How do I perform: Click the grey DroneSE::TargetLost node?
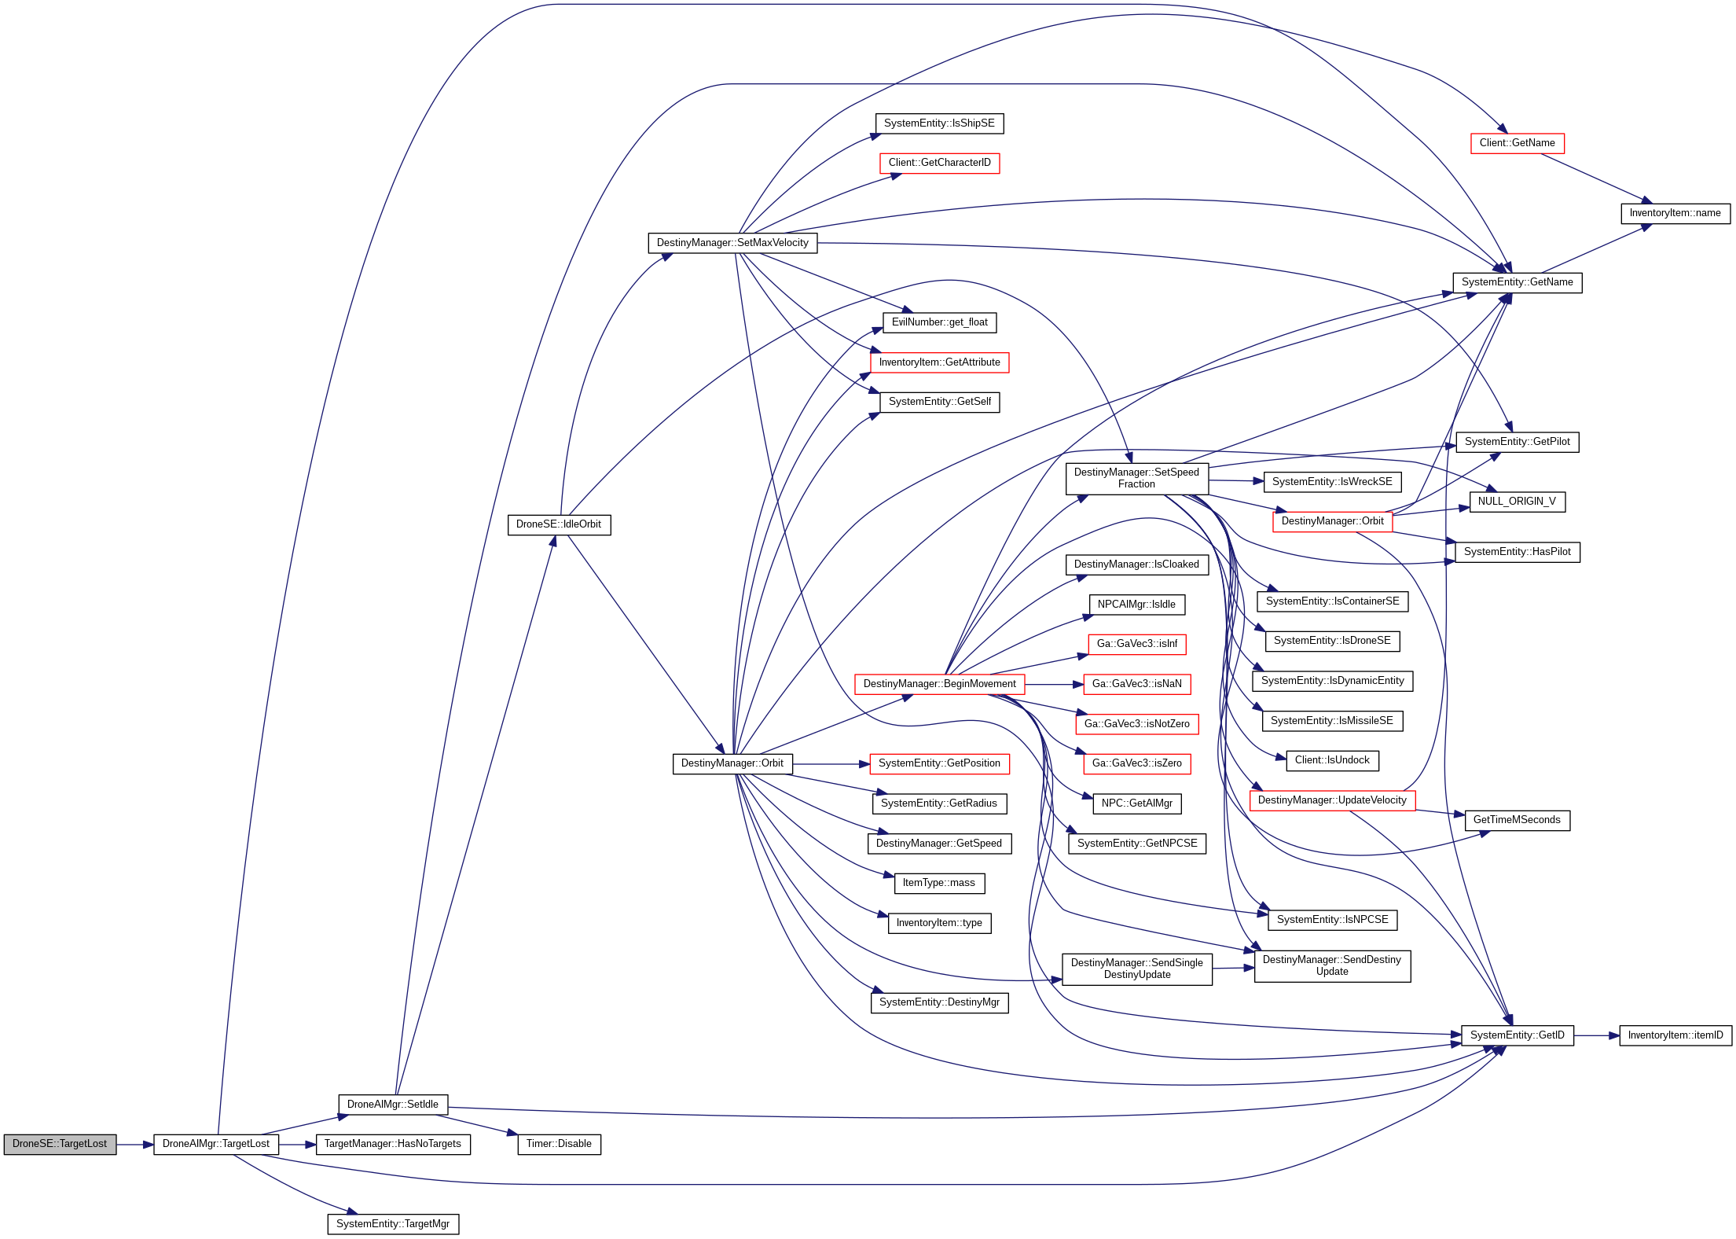[x=60, y=1144]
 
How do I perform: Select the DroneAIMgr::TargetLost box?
[x=215, y=1144]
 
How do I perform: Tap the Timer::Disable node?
[x=559, y=1144]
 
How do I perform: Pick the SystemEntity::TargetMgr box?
[x=393, y=1224]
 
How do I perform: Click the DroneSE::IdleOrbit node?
[x=559, y=524]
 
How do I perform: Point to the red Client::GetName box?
[x=1517, y=143]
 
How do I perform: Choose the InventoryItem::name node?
[x=1675, y=213]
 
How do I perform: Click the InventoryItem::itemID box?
[x=1675, y=1035]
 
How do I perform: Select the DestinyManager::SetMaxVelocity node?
[x=732, y=243]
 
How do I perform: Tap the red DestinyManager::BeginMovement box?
[x=939, y=684]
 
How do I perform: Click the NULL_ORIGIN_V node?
[x=1517, y=502]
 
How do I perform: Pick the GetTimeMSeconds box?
[x=1517, y=820]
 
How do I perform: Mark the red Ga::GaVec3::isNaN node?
[x=1136, y=684]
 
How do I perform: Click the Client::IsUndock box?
[x=1332, y=760]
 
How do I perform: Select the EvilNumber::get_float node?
[x=939, y=322]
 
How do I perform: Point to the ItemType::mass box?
[x=939, y=883]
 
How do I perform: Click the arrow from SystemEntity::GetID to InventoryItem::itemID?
[x=1596, y=1035]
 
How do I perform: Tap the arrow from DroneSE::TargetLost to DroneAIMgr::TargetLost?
[x=134, y=1145]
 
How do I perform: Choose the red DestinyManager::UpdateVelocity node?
[x=1332, y=800]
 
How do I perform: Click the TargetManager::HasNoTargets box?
[x=393, y=1144]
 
